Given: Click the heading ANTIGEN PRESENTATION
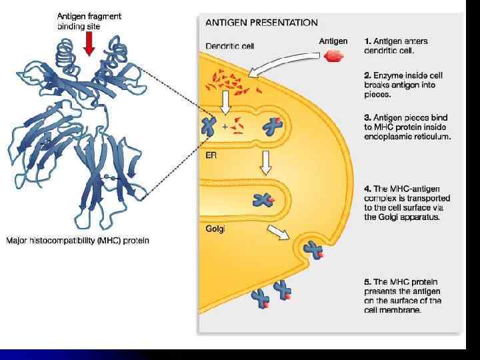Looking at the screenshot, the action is (x=261, y=22).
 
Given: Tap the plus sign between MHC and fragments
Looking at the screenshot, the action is (x=225, y=126).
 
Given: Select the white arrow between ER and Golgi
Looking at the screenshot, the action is (x=265, y=162).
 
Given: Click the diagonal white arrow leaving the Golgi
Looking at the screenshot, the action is (x=277, y=231).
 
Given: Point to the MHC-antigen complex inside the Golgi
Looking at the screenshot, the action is (x=261, y=199).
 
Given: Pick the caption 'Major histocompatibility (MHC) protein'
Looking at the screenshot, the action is (x=78, y=240).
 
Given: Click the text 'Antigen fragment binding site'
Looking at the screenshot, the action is (x=89, y=21).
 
